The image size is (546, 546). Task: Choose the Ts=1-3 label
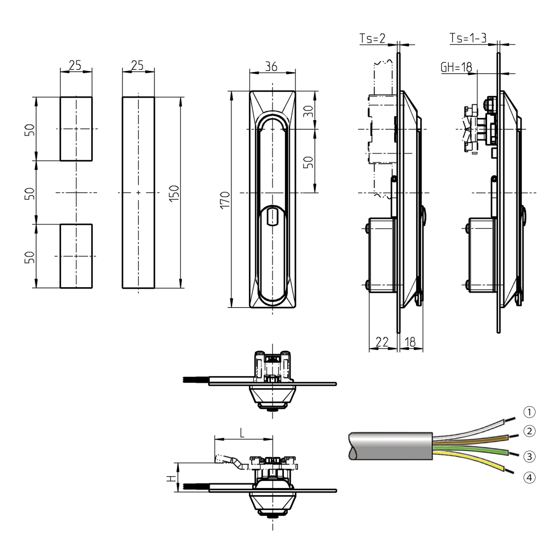pos(468,38)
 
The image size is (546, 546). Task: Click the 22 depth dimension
pos(382,342)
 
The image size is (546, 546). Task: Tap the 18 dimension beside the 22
pos(411,342)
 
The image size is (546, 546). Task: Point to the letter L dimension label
pos(242,432)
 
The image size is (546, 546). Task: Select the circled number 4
pos(529,477)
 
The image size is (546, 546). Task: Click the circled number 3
pos(529,455)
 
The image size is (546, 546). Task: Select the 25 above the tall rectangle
pos(138,66)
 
